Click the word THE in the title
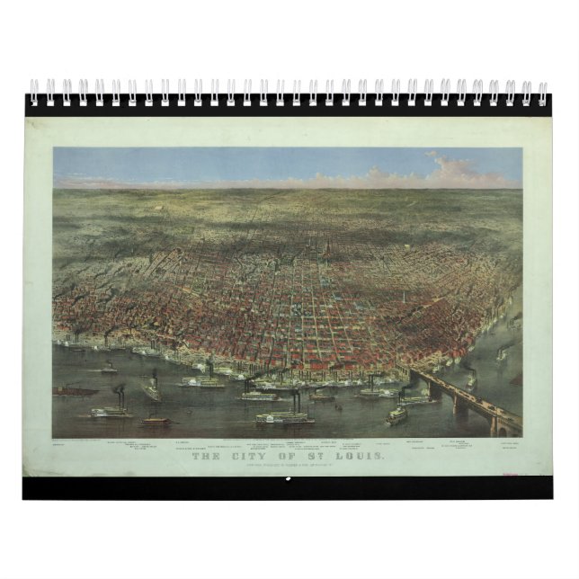(x=208, y=456)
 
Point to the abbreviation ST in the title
(x=323, y=456)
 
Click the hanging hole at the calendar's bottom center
(x=289, y=478)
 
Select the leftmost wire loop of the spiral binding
(x=34, y=92)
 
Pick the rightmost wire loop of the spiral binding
(x=542, y=92)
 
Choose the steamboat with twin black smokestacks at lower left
(x=111, y=410)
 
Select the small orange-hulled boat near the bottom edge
(x=156, y=420)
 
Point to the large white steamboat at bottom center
(x=284, y=417)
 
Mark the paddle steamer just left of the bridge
(x=396, y=414)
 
